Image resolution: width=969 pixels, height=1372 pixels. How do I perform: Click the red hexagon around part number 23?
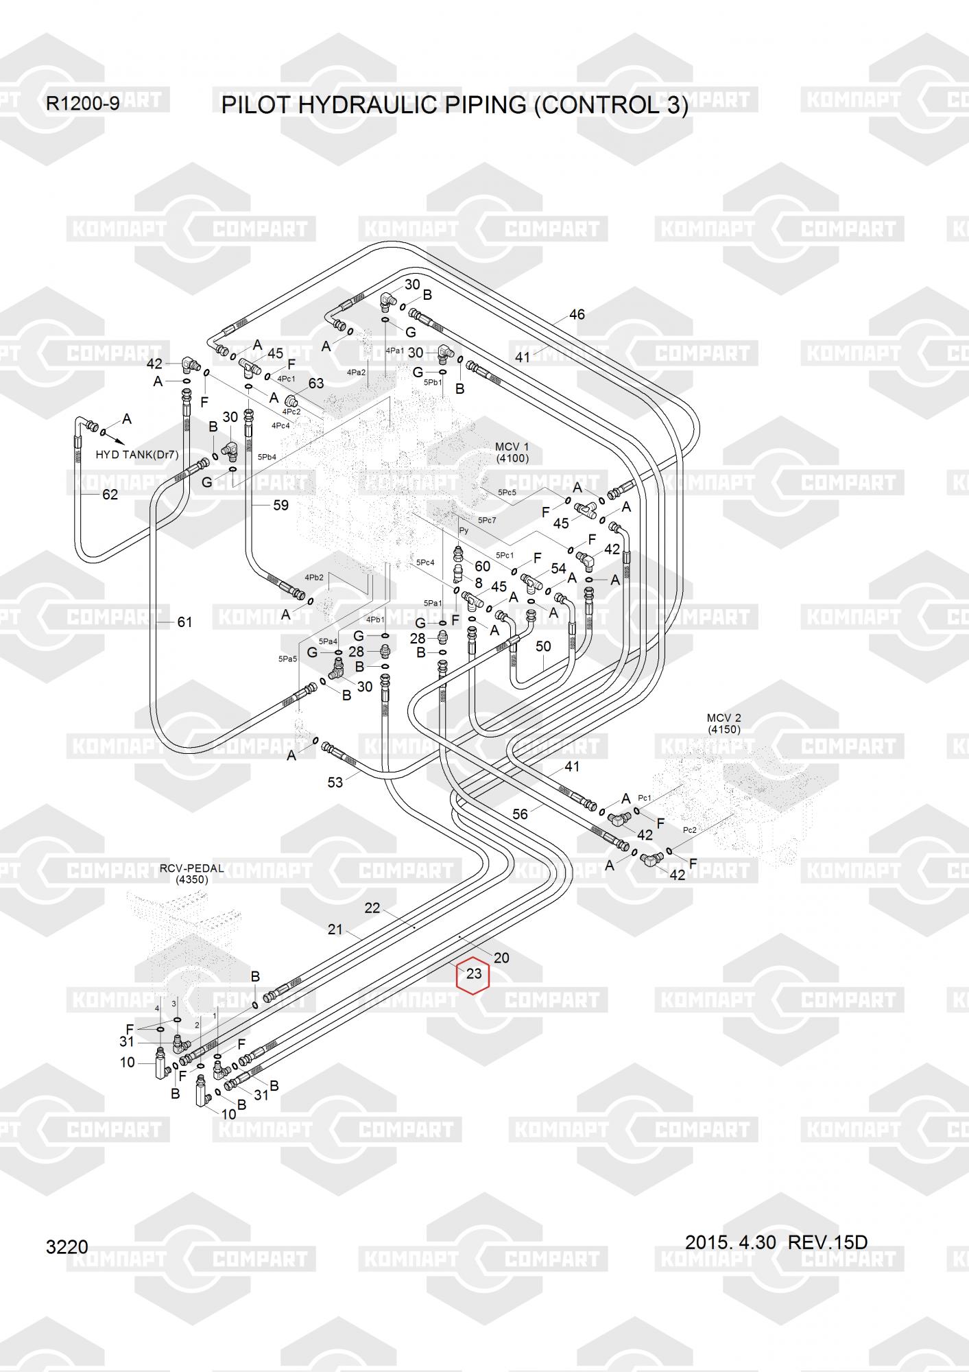point(473,973)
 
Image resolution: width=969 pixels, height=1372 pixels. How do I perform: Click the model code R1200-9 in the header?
point(82,104)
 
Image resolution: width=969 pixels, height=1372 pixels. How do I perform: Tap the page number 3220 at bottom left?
point(67,1246)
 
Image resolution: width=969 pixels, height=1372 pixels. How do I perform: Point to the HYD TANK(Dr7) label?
point(137,455)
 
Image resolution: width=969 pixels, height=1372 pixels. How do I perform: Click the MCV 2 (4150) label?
point(724,724)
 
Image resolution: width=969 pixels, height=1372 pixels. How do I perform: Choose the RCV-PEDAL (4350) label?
point(191,873)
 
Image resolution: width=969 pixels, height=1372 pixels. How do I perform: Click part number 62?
point(110,495)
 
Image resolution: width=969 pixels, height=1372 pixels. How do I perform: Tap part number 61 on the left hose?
point(184,622)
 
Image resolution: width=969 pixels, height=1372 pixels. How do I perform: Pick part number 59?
point(280,505)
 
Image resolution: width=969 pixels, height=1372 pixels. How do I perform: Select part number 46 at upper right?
point(577,314)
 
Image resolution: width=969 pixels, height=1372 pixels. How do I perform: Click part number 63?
point(315,383)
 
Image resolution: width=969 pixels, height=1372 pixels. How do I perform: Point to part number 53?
point(335,782)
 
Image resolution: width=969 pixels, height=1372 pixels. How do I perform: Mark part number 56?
point(520,814)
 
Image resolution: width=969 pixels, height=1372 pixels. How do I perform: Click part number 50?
point(543,646)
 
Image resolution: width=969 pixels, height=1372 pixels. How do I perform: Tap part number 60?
point(483,566)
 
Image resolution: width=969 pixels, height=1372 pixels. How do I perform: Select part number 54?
point(559,568)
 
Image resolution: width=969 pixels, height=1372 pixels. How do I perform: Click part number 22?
point(372,908)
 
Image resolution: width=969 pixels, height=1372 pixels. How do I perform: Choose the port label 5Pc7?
point(487,520)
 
